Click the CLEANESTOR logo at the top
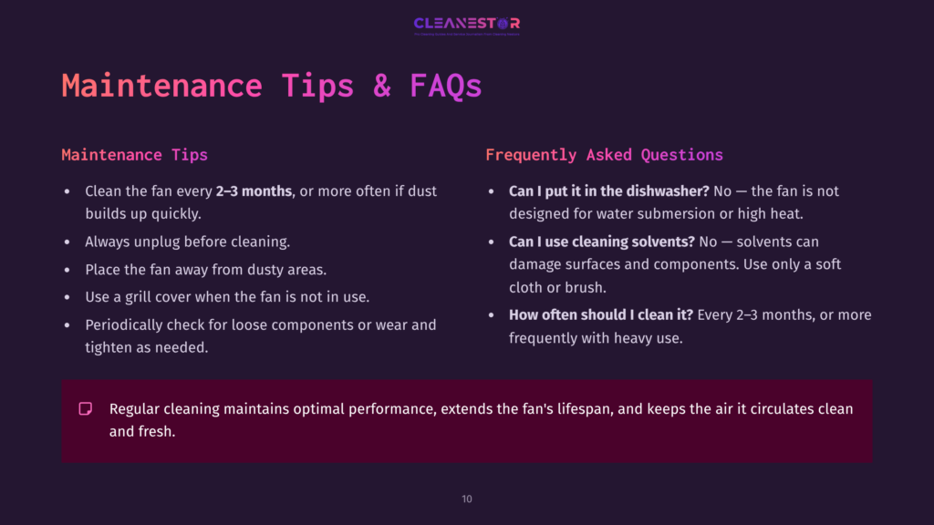pos(466,25)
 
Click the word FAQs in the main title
pos(445,86)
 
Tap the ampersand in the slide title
pos(381,86)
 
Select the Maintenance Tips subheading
pos(134,155)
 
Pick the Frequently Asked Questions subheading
pos(604,155)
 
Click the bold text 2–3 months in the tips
pos(254,191)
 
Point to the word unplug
pos(155,242)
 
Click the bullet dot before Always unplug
pos(67,242)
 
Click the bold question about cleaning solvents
pos(600,242)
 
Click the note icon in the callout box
pos(86,408)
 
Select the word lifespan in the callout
pos(578,408)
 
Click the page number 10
pos(467,499)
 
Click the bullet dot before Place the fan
pos(67,270)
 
